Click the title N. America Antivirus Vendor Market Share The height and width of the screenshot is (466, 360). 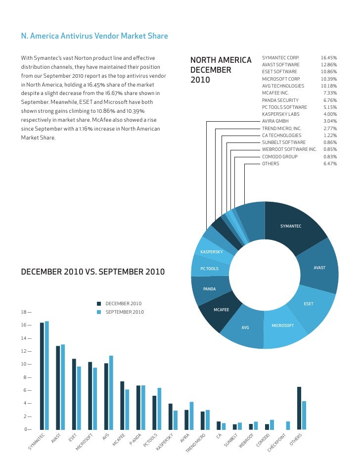click(x=94, y=36)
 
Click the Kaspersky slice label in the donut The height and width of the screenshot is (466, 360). click(x=211, y=252)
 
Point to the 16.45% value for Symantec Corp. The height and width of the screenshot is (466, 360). click(x=328, y=58)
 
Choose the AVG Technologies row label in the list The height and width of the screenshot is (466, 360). click(x=283, y=86)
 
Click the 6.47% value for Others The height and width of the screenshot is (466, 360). click(x=330, y=163)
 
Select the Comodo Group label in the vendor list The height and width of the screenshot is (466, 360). click(x=279, y=156)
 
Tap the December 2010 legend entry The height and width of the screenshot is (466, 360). click(x=123, y=304)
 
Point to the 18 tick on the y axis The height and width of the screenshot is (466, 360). click(x=25, y=312)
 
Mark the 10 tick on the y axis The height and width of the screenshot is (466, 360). click(x=25, y=364)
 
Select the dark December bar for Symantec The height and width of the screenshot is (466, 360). click(x=42, y=375)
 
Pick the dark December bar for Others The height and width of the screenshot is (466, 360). click(x=299, y=408)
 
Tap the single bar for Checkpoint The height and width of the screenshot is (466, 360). click(x=288, y=425)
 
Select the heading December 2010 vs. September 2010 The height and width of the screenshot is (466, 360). click(x=92, y=272)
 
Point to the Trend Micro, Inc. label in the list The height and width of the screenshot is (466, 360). click(x=281, y=128)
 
